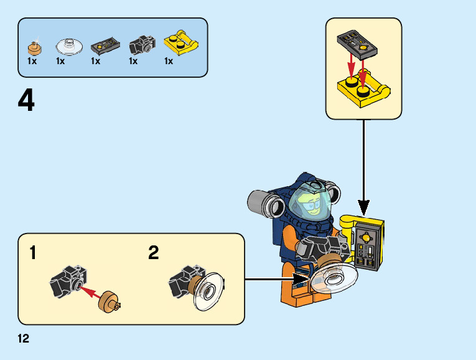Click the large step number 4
pos(26,101)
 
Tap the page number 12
pos(24,339)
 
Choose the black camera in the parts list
pos(141,45)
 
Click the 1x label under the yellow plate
pos(169,61)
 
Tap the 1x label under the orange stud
pos(32,61)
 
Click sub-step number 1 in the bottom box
pos(33,253)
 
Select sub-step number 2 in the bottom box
pos(154,253)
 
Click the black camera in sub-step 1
pos(67,280)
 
